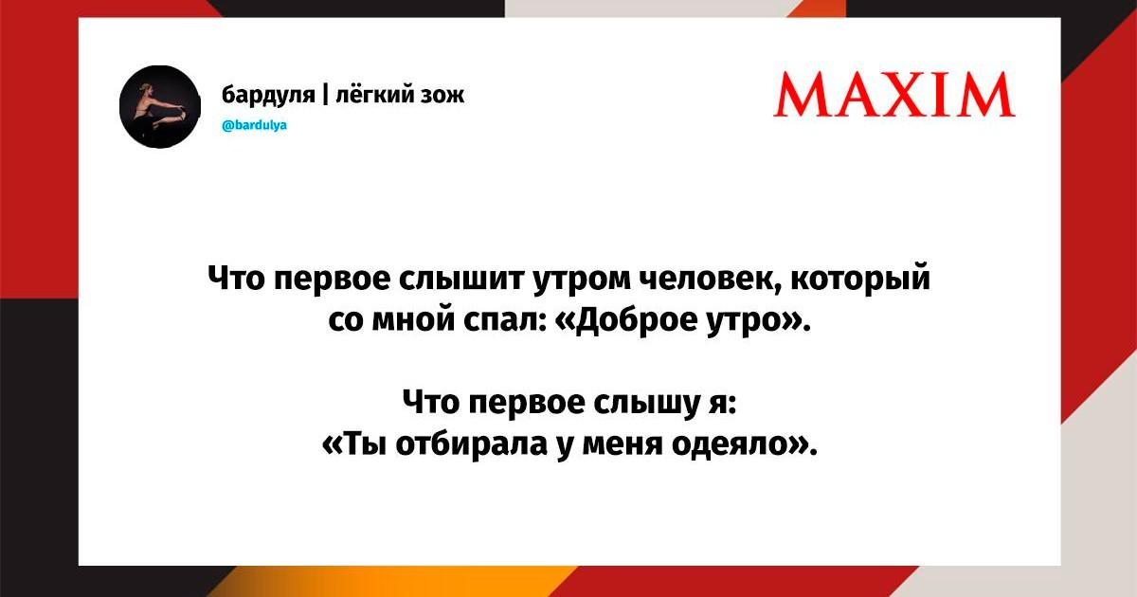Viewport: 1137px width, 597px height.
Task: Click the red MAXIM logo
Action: pos(894,95)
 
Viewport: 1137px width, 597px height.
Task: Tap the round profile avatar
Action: pos(160,106)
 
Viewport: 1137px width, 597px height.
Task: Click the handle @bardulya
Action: pos(254,125)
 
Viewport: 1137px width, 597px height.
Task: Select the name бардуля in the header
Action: pos(268,95)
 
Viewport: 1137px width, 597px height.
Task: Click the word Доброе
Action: pos(638,322)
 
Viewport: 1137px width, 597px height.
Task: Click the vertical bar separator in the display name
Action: pos(325,96)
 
